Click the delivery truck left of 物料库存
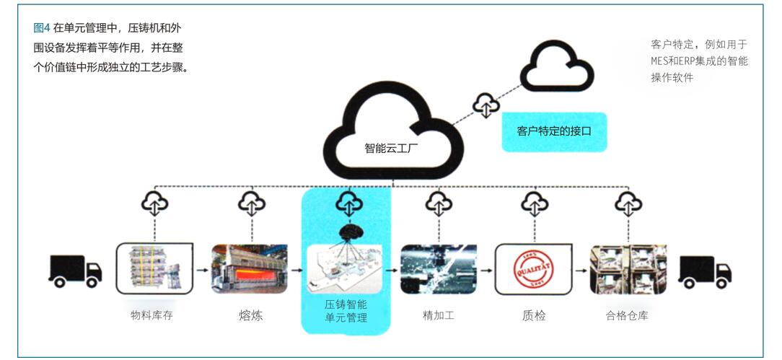click(75, 271)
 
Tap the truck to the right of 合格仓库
click(705, 272)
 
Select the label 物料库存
click(151, 315)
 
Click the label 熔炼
click(250, 315)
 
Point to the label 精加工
click(439, 315)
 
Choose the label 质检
click(534, 315)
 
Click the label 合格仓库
click(627, 315)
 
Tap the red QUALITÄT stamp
click(533, 269)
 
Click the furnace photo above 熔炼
click(250, 269)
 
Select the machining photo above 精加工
click(439, 269)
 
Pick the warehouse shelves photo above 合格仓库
click(628, 269)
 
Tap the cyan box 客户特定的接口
click(554, 131)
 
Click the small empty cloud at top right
click(557, 66)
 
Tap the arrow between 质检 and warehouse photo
click(581, 271)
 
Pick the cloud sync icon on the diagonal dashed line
click(486, 105)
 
